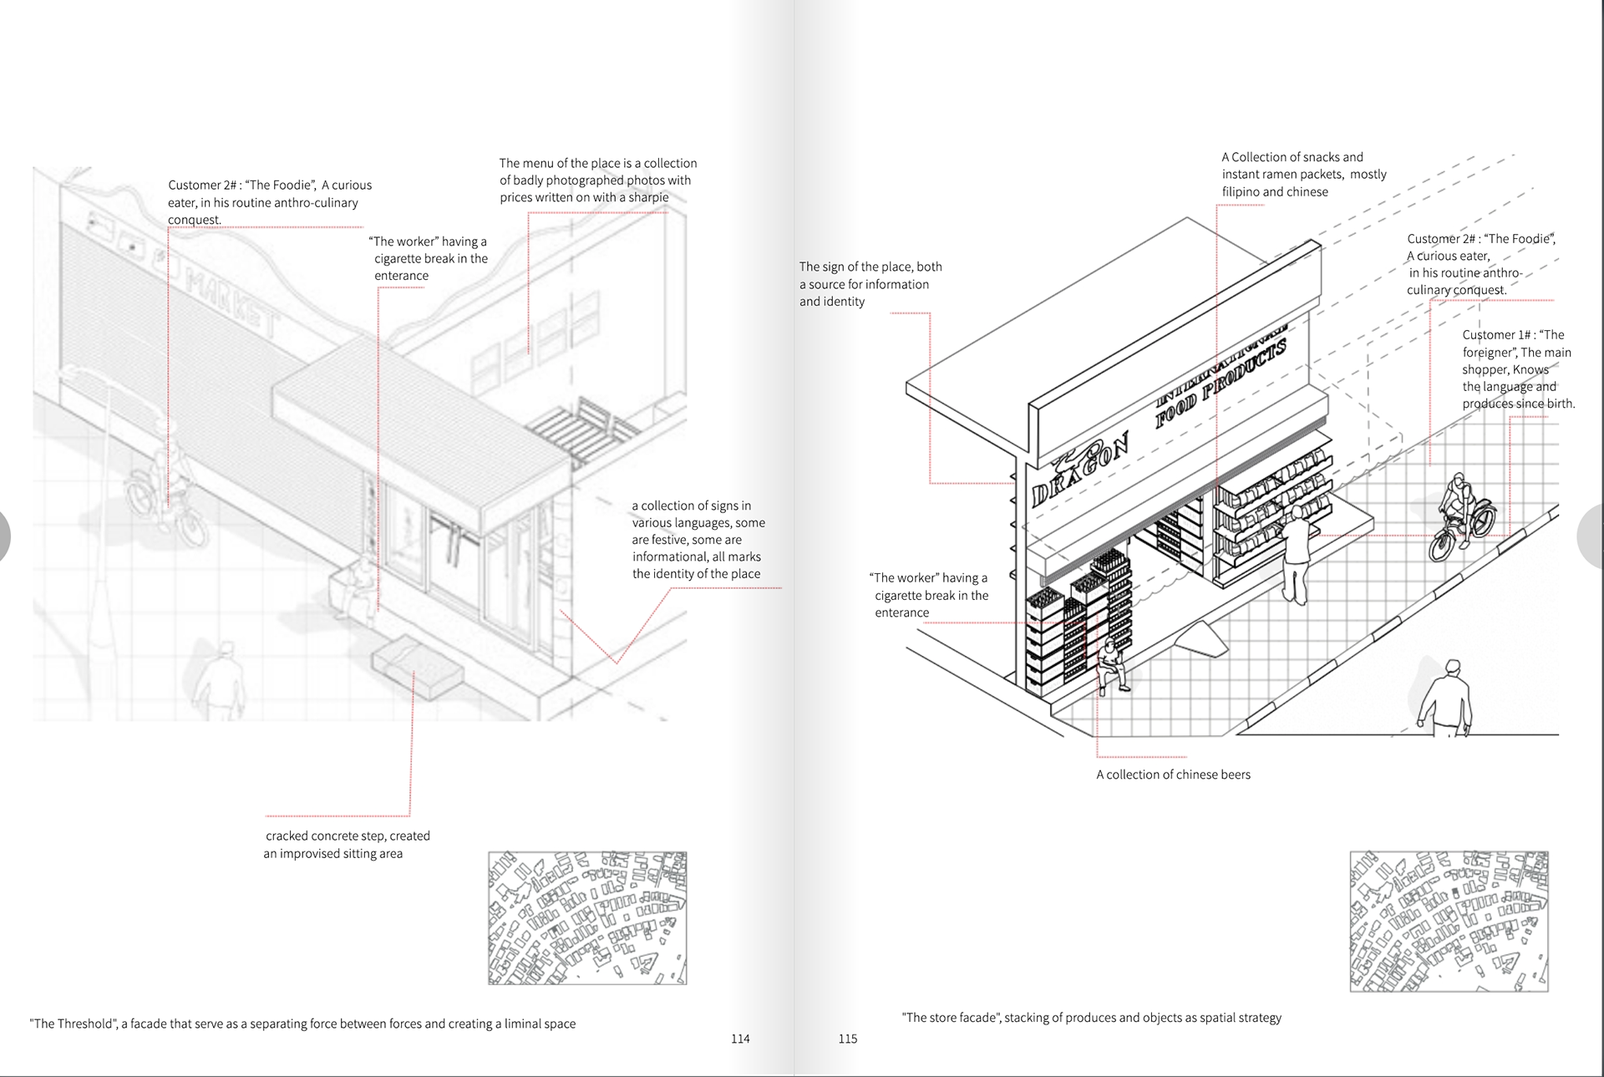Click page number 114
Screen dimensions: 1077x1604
[x=740, y=1039]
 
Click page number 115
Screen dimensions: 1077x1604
[x=847, y=1039]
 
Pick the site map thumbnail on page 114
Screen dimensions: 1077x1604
[x=586, y=917]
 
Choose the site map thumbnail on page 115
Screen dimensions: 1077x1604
[x=1449, y=921]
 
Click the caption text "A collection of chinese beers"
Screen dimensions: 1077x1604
[x=1173, y=775]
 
